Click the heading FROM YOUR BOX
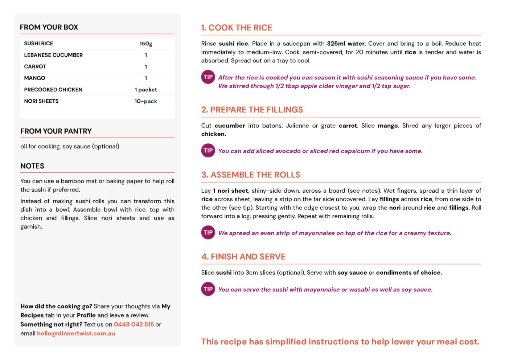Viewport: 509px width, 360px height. [49, 27]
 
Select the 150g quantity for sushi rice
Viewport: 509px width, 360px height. [146, 44]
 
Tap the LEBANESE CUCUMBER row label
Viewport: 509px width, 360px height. [53, 55]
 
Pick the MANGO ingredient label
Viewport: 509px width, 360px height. [34, 78]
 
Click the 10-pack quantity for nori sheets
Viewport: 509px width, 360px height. [146, 101]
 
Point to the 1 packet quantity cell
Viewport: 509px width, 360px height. [146, 90]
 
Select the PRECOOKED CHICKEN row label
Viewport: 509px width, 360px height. [53, 90]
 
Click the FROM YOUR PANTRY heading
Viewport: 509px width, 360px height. [56, 131]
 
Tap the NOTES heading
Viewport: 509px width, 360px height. [32, 166]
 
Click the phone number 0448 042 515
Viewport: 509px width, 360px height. [134, 324]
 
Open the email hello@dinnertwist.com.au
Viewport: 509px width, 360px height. [76, 334]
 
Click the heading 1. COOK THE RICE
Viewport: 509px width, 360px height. [237, 28]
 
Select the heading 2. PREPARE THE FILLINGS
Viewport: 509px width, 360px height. [252, 110]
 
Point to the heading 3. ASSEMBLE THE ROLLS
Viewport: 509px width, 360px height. [251, 175]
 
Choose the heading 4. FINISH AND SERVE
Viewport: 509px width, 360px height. [243, 257]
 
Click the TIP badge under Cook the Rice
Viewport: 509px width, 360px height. [208, 77]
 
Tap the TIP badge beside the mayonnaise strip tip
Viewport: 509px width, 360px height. [208, 233]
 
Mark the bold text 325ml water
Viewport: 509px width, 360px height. [345, 44]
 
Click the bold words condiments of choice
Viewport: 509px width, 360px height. [409, 273]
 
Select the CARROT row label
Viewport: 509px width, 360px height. [35, 67]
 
